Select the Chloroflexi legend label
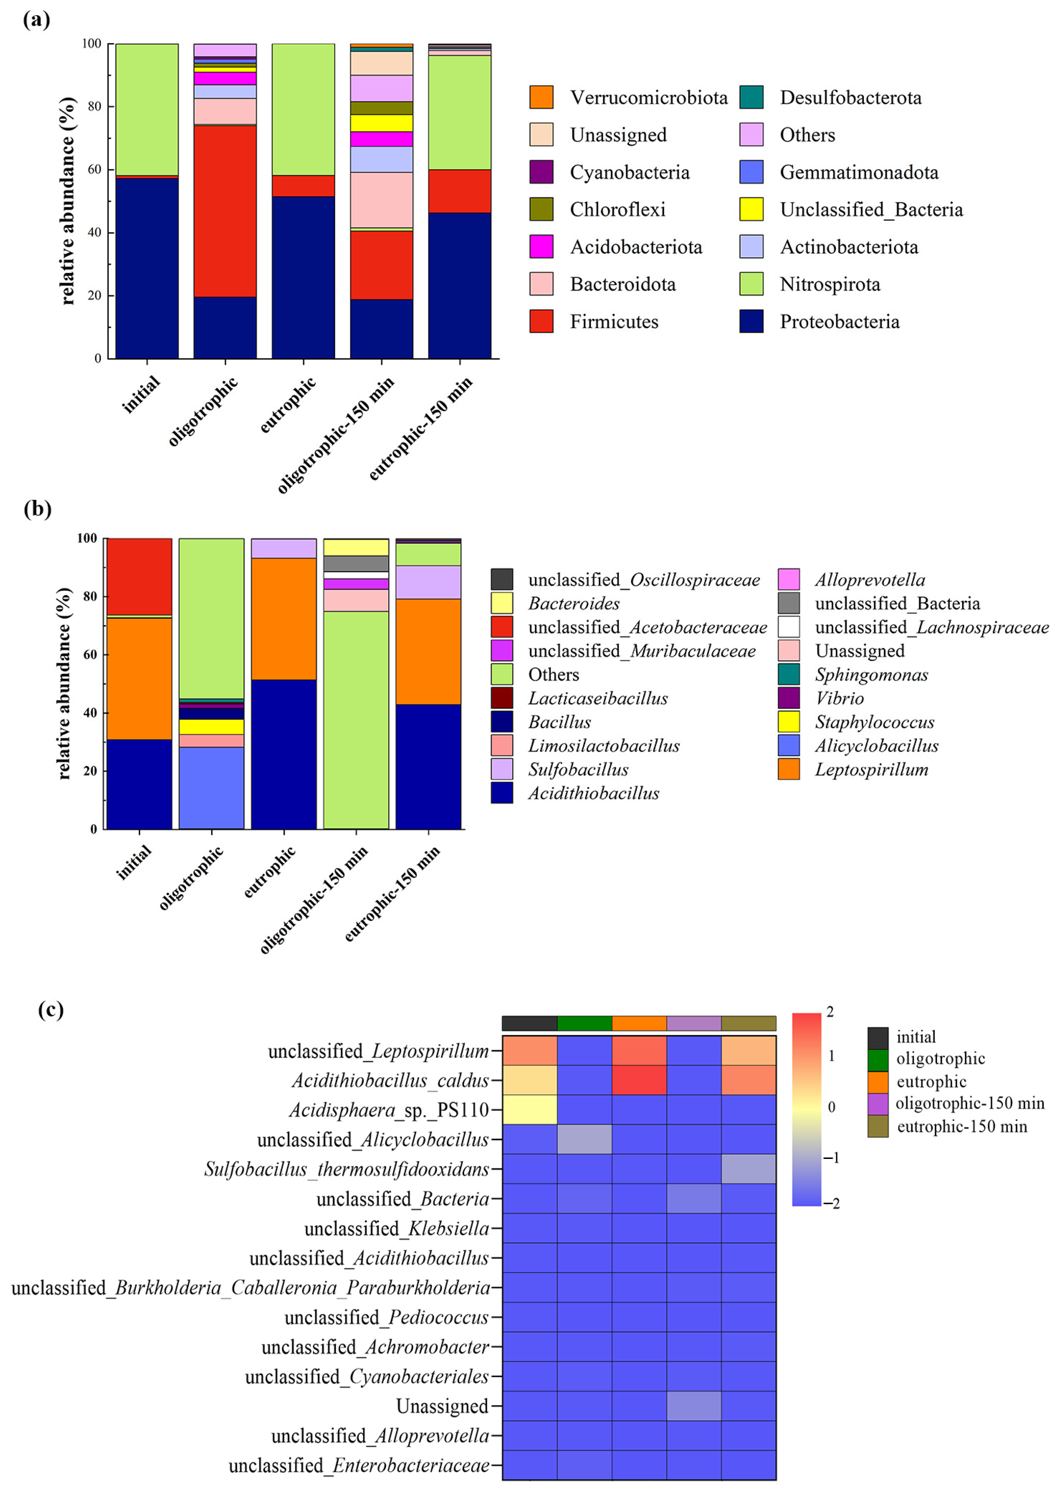617,209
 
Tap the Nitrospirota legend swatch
751,284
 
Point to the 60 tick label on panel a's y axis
95,170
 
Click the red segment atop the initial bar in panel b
139,576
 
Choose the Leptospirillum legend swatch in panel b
789,769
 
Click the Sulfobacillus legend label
578,769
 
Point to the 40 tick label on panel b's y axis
90,712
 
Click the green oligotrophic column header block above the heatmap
585,1023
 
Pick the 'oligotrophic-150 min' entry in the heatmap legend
969,1103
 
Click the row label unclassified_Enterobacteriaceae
358,1465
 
